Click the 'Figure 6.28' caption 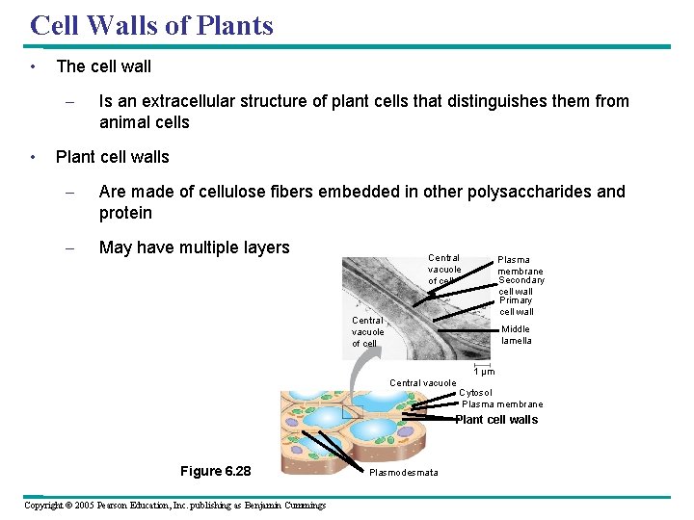point(215,471)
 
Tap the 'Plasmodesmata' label point(404,472)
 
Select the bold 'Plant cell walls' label point(496,420)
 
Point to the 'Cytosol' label point(475,393)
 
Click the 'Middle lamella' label point(516,334)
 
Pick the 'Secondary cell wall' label point(520,286)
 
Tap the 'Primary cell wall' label point(517,306)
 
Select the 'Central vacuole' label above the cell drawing point(422,383)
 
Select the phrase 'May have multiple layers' point(194,247)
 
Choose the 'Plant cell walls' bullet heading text point(113,157)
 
